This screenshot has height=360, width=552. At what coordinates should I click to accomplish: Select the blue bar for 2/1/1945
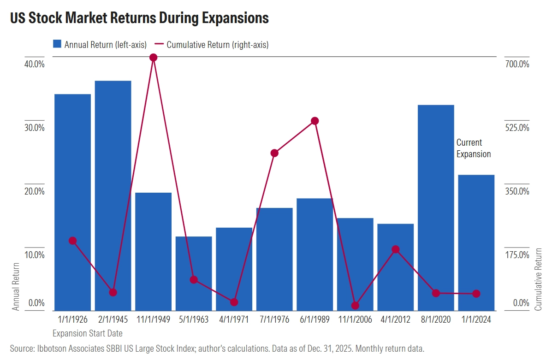[113, 194]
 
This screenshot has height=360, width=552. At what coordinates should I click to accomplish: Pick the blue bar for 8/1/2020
[436, 207]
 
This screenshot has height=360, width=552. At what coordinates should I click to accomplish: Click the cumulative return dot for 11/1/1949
[154, 58]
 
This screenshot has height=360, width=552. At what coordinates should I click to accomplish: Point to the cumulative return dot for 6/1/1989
[315, 121]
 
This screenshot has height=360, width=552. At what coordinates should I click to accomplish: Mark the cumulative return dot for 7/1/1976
[274, 153]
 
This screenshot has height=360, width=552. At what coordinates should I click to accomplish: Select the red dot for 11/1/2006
[355, 305]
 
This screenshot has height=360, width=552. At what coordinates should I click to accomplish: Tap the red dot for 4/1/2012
[395, 249]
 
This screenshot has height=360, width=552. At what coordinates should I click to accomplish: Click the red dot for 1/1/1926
[72, 241]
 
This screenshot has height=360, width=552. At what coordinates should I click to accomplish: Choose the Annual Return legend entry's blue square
[57, 44]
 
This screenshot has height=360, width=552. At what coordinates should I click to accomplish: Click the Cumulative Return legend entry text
[217, 45]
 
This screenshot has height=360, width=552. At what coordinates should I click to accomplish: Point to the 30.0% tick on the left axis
[34, 127]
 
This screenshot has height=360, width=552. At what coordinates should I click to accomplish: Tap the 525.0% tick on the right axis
[517, 127]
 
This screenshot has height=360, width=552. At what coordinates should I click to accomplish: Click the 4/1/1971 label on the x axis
[234, 319]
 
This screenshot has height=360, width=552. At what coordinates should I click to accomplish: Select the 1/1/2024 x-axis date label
[476, 319]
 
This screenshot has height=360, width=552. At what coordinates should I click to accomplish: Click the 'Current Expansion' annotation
[474, 148]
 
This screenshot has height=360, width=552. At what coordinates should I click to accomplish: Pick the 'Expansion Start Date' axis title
[88, 333]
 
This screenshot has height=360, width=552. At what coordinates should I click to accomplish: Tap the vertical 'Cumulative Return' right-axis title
[539, 278]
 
